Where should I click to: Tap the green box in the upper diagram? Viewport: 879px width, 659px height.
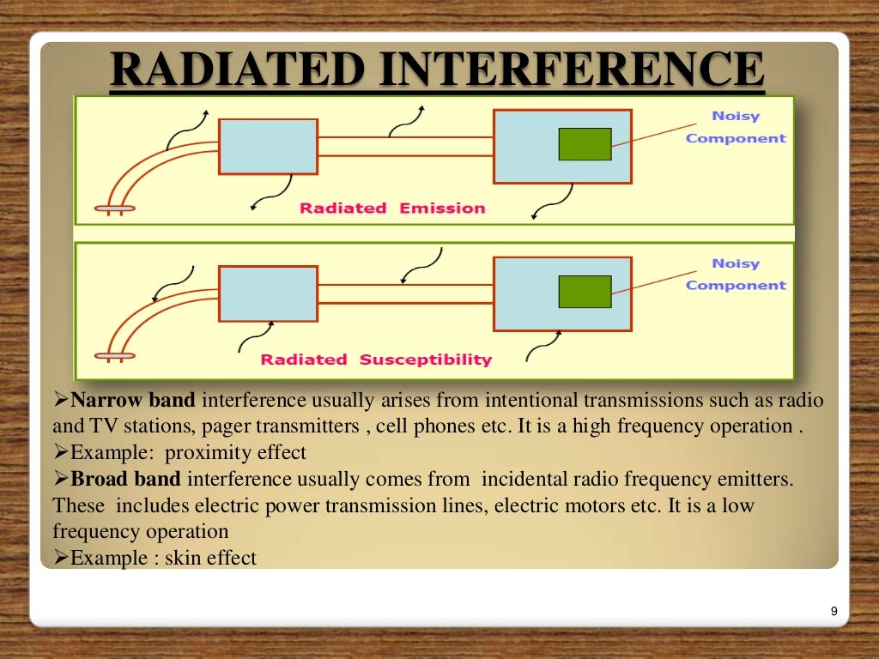585,144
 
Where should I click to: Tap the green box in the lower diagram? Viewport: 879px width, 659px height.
585,292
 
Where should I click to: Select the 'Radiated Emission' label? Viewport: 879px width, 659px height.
391,209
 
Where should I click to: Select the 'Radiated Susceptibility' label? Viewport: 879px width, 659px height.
376,360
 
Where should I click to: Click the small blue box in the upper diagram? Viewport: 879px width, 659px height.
268,148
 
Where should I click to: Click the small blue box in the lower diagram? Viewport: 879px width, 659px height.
268,293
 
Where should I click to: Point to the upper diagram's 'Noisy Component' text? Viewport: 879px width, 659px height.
736,127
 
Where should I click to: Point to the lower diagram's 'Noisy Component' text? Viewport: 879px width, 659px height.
736,275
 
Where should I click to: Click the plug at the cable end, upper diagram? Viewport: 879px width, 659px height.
114,208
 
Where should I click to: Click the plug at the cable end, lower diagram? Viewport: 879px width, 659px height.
114,354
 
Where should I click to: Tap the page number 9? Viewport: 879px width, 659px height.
834,611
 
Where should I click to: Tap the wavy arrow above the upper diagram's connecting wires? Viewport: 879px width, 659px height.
407,122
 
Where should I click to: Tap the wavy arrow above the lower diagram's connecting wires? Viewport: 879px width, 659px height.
422,266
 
